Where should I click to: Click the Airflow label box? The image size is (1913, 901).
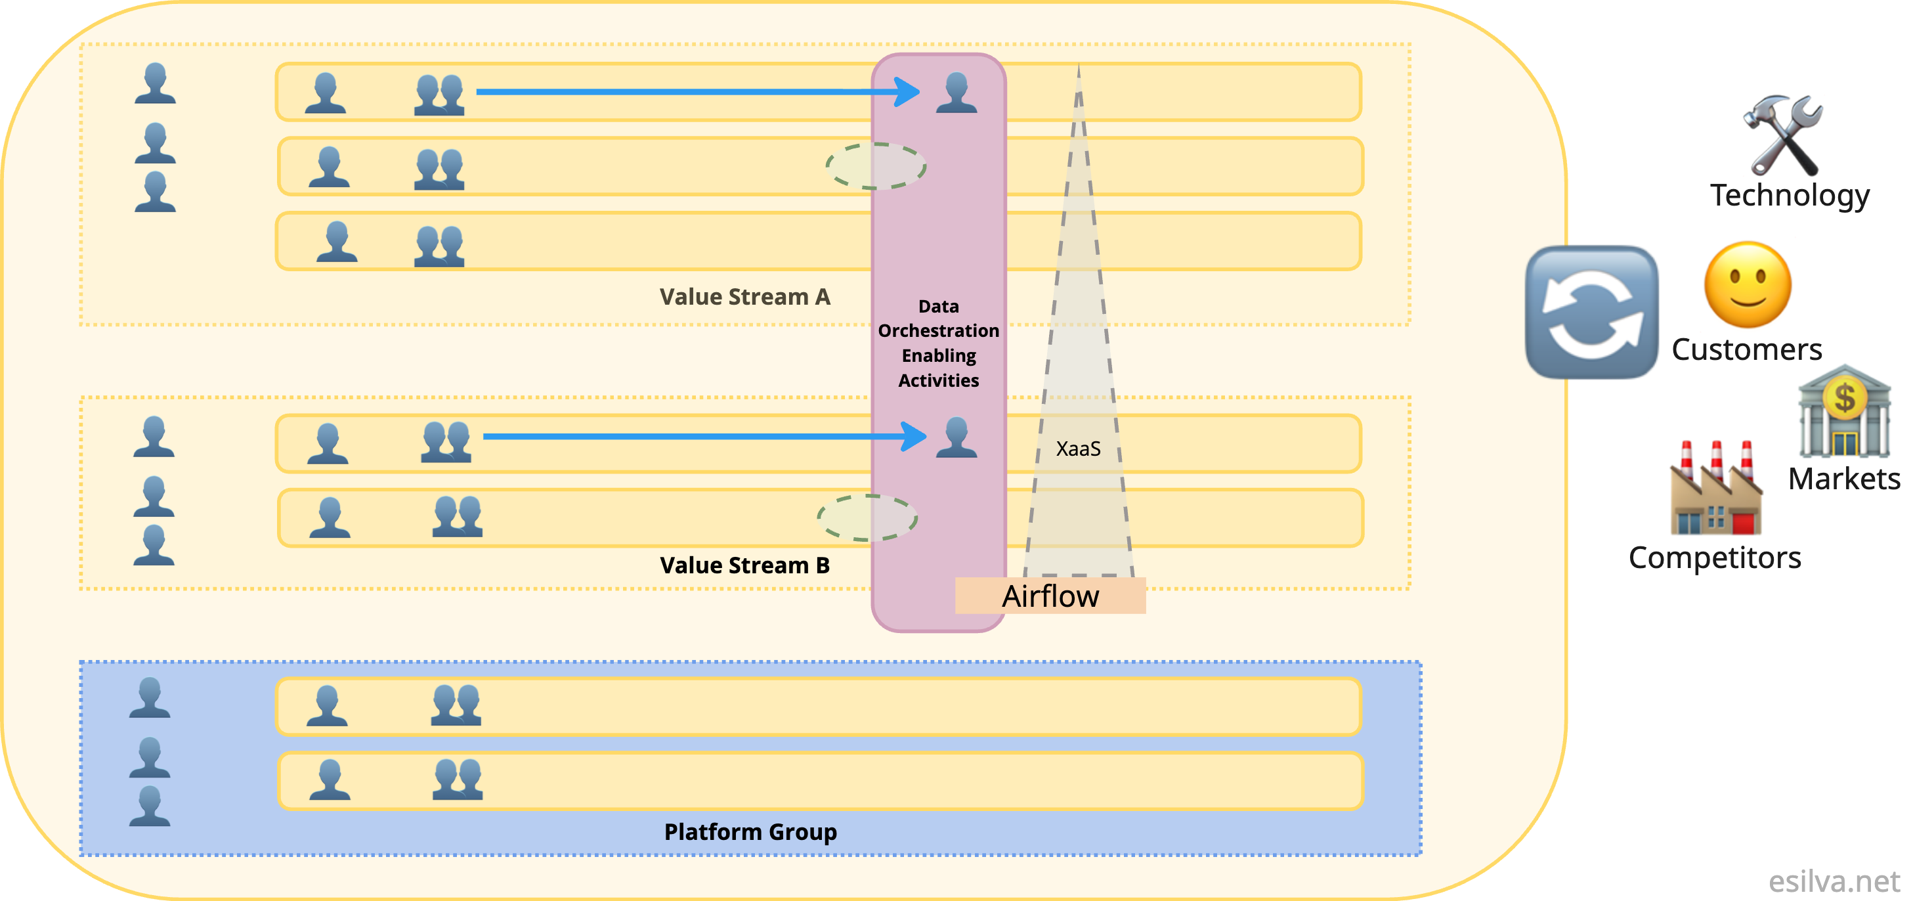click(1050, 596)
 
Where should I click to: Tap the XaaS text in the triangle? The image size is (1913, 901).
click(1079, 449)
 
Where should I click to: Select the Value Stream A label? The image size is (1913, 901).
click(745, 297)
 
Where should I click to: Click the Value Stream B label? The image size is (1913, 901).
click(745, 565)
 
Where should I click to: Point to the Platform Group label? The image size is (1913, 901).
click(750, 832)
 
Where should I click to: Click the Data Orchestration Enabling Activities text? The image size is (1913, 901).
click(939, 343)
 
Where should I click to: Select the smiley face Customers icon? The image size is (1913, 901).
click(1748, 284)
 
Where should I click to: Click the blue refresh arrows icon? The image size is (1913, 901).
click(1591, 312)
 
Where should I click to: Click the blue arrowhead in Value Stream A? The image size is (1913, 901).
click(907, 92)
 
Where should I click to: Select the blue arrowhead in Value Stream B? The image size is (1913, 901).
click(913, 436)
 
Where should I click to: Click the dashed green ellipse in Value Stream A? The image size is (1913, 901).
click(876, 166)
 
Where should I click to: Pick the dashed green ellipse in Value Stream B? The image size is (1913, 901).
click(867, 517)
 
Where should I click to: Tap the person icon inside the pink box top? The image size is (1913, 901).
click(956, 93)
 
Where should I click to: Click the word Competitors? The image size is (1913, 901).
click(1715, 558)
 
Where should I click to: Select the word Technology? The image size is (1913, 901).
click(1790, 195)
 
